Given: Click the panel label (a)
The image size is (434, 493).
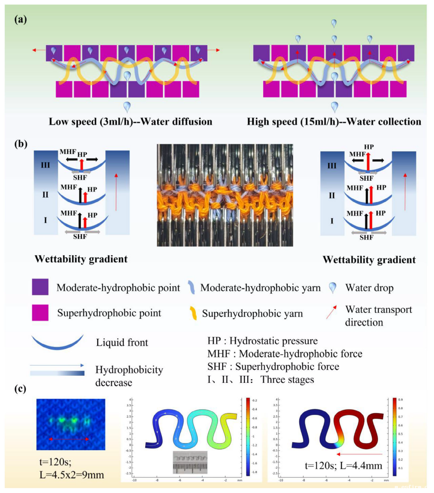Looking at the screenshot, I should tap(21, 19).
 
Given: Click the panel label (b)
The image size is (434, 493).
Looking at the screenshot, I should tap(21, 143).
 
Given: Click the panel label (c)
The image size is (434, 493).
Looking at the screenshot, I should tap(20, 388).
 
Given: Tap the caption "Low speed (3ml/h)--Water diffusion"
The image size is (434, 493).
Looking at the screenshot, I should tap(131, 122).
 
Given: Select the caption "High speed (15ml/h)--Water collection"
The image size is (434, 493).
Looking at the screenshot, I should tap(334, 122).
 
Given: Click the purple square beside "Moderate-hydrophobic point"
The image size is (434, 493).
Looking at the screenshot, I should tap(40, 287).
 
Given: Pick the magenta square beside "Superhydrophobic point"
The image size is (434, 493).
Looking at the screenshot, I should tap(40, 313).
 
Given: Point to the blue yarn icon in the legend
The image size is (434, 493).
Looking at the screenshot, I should tap(191, 287).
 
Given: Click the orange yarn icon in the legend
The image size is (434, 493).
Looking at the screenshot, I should tap(193, 313).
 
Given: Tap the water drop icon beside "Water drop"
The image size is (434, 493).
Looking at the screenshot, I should tap(333, 288).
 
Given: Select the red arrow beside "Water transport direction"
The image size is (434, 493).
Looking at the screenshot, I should tap(331, 312).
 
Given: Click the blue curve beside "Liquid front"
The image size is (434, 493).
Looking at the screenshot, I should tap(57, 342).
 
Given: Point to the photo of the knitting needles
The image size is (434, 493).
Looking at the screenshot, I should tap(225, 195).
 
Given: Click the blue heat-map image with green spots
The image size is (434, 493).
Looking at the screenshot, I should tap(71, 424).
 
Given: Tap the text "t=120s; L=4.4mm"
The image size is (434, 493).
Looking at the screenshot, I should tap(343, 466).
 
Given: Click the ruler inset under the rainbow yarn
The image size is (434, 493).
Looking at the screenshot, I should tap(190, 462).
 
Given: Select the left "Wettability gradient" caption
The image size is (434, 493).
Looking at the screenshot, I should tap(81, 259).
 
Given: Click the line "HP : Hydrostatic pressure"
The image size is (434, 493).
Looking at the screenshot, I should tap(263, 341).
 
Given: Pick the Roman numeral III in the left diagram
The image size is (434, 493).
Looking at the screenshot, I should tap(45, 165).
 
